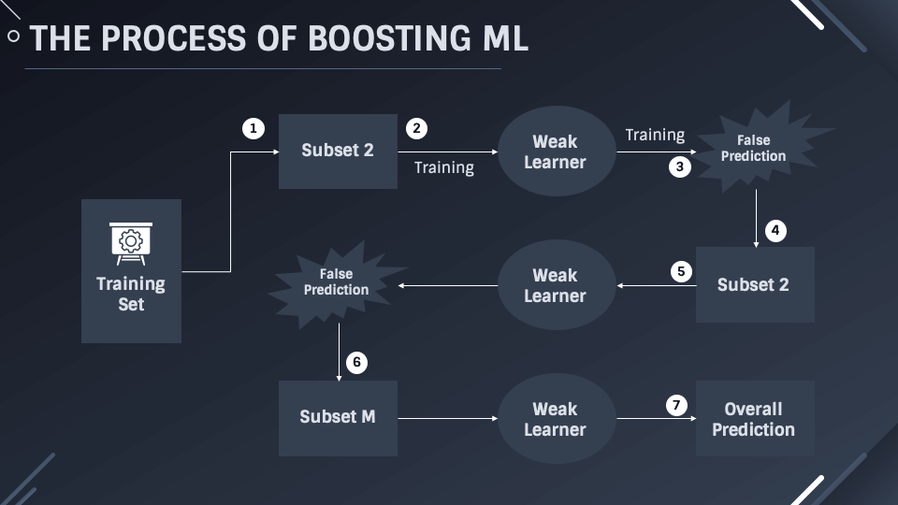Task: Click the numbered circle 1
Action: pos(253,128)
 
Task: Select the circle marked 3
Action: pos(680,167)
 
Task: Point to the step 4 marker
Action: pos(775,230)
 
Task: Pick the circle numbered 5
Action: pos(681,272)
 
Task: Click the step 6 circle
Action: pos(356,362)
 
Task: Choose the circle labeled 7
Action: pos(676,405)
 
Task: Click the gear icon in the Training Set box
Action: pos(131,238)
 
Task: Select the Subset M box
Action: pos(338,417)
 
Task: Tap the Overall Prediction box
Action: pos(754,418)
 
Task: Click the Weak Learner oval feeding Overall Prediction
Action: pos(556,418)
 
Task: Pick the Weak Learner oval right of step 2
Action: pos(556,151)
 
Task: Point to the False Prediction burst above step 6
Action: pos(336,282)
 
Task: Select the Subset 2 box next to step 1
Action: pos(338,151)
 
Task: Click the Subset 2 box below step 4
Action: pos(754,284)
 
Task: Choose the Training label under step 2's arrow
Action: pos(444,167)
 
